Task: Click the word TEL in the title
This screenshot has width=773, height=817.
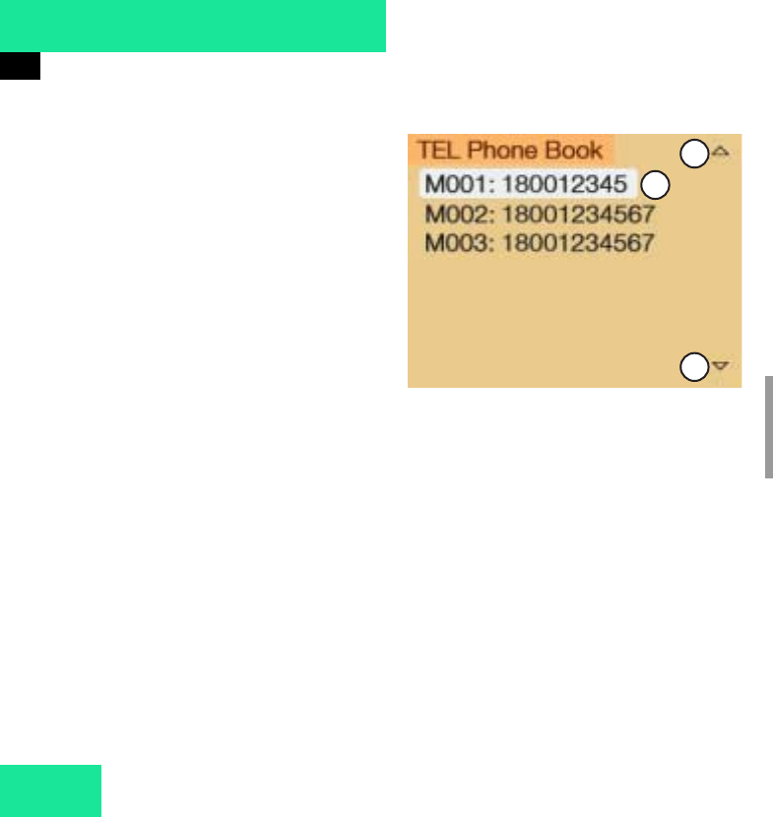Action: (x=432, y=151)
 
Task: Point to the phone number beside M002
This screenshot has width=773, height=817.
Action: (x=578, y=214)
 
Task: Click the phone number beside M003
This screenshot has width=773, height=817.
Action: (x=578, y=242)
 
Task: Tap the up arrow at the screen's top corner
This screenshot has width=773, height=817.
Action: (x=720, y=152)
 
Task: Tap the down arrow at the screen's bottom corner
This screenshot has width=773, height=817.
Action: (x=720, y=365)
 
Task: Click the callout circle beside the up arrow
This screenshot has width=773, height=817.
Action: (x=694, y=153)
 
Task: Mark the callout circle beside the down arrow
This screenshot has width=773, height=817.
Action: (x=694, y=366)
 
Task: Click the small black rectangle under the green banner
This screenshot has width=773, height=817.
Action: (x=20, y=66)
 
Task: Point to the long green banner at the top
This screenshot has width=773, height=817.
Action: (x=192, y=26)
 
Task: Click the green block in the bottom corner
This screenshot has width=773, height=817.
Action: (x=50, y=789)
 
